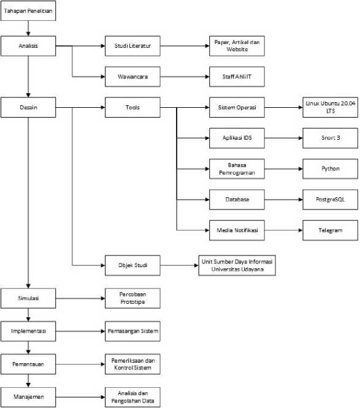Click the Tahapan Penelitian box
(x=28, y=10)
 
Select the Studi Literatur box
(x=132, y=46)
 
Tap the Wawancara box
(x=132, y=77)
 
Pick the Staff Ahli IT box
(x=237, y=77)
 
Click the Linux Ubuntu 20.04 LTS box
(x=331, y=107)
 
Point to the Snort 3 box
(x=331, y=138)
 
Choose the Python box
(x=331, y=168)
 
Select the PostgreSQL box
(x=331, y=200)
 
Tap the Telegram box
(x=331, y=230)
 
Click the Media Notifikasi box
(x=237, y=230)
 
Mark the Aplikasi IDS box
(x=237, y=138)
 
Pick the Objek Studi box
(x=132, y=265)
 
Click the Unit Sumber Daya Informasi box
(x=237, y=265)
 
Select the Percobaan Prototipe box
(x=132, y=298)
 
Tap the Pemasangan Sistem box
(x=132, y=331)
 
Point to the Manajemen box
(x=28, y=397)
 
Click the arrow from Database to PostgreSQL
(x=284, y=200)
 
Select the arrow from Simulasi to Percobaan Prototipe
(x=80, y=298)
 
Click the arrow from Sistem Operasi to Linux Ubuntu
(x=284, y=107)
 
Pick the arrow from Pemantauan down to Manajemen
(x=28, y=380)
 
